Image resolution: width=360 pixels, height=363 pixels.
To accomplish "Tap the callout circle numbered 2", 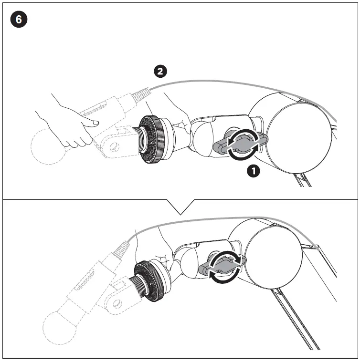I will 160,72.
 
